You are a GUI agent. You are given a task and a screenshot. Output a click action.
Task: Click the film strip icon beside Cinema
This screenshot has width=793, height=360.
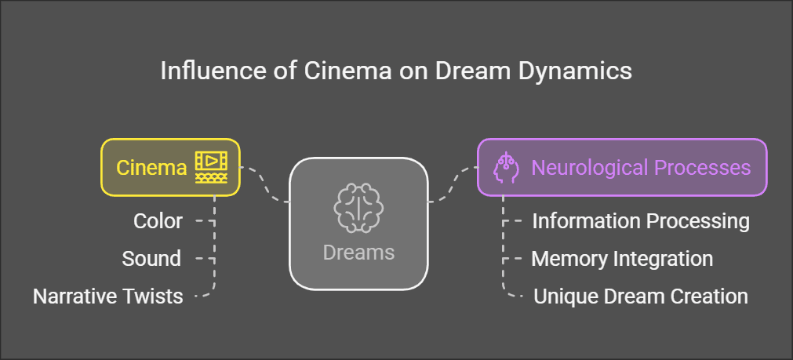click(210, 166)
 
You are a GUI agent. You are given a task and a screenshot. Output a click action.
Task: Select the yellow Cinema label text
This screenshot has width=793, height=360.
click(151, 167)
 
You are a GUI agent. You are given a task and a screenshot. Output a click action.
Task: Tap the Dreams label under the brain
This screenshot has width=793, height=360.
click(358, 253)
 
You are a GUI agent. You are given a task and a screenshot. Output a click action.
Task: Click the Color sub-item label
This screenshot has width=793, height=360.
click(158, 221)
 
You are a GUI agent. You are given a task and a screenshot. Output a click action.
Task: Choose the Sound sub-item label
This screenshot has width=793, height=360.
click(151, 259)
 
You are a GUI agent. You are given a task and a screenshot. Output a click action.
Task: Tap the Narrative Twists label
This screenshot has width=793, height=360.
click(107, 296)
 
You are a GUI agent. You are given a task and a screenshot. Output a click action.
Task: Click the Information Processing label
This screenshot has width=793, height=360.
click(641, 221)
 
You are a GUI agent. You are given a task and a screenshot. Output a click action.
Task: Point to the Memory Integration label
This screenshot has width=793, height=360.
click(622, 259)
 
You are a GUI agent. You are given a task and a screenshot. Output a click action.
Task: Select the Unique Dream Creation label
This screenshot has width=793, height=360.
click(640, 296)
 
